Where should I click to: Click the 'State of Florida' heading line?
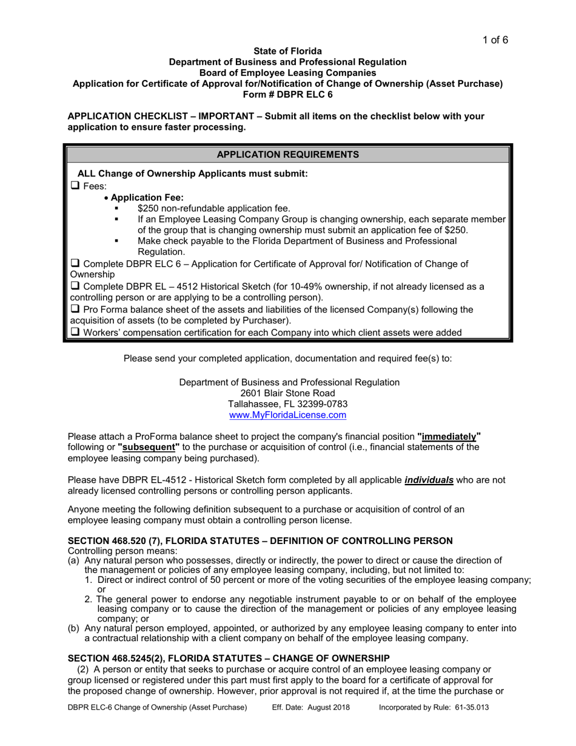pos(287,52)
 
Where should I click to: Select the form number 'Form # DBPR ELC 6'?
pos(287,94)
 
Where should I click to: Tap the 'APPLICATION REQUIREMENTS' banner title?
pos(287,155)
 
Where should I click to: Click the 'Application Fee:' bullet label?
pos(147,197)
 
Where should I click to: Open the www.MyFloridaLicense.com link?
pos(287,415)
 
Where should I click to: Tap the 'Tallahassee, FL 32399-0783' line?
pos(287,404)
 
